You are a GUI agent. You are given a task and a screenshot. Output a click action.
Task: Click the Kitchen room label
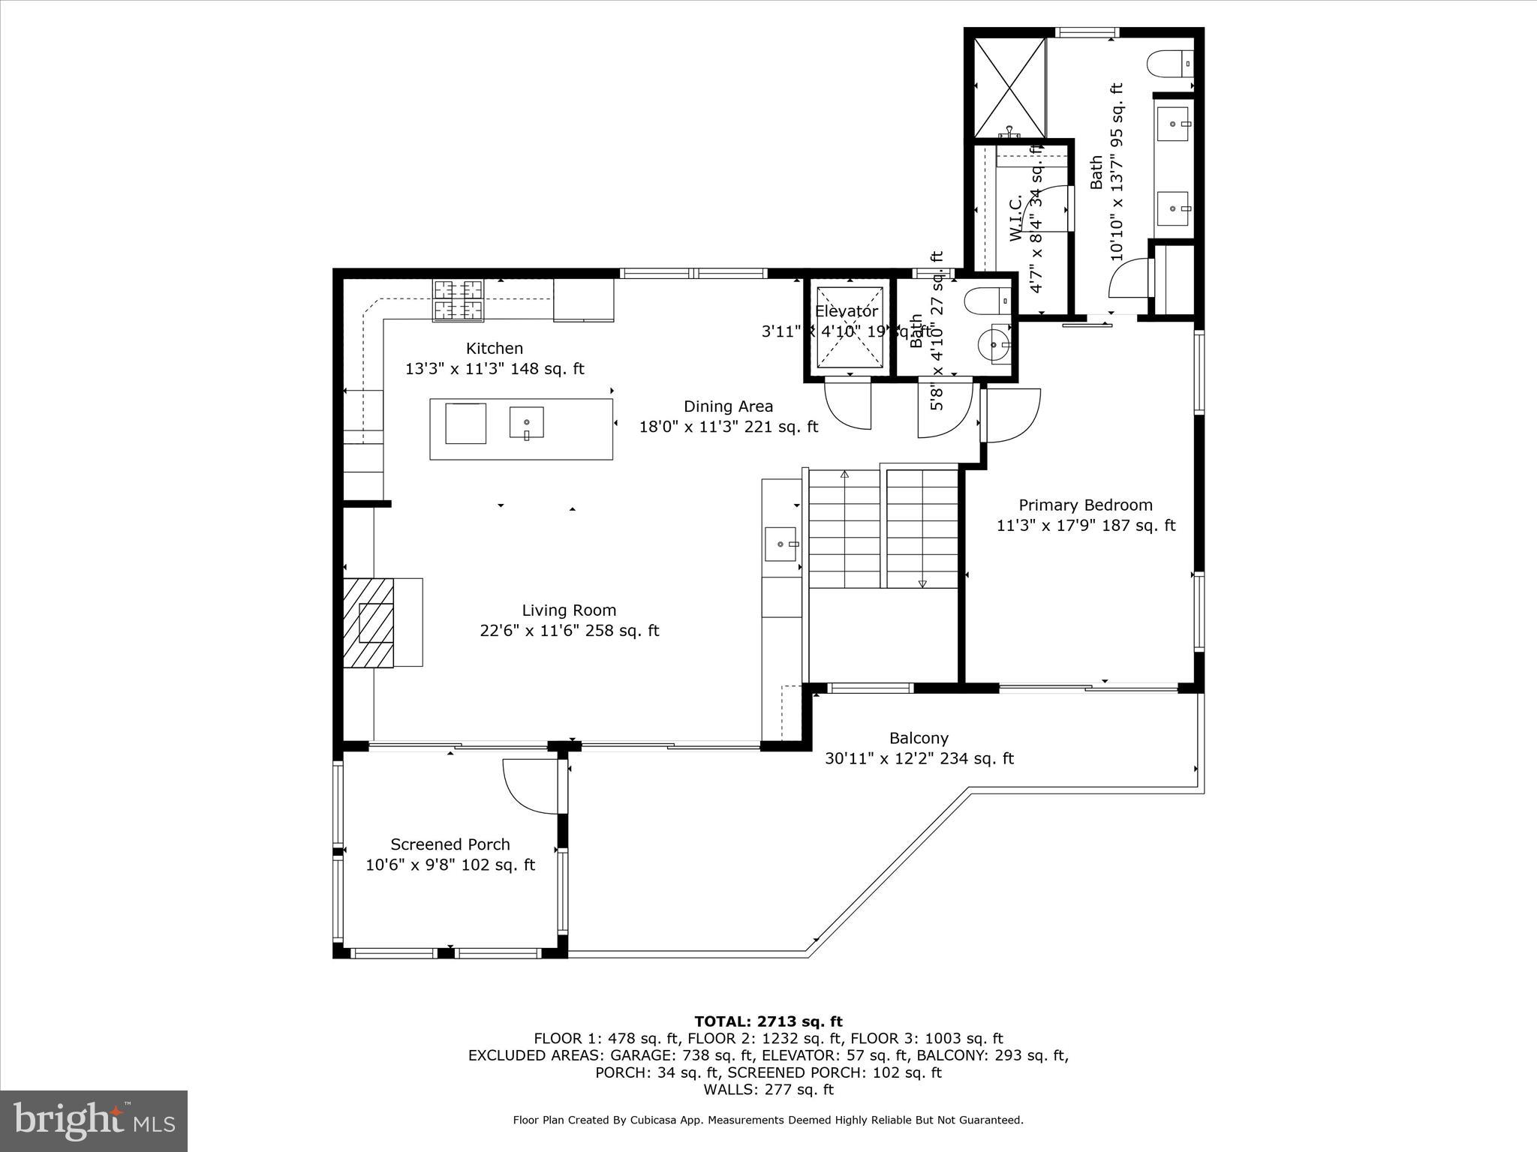point(494,349)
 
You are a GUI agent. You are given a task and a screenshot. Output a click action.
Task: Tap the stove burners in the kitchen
point(457,299)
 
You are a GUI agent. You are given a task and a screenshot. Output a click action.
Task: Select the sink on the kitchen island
point(526,424)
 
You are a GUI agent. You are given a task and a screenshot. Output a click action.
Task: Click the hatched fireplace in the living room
point(368,622)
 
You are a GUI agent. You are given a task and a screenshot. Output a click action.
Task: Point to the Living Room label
point(569,610)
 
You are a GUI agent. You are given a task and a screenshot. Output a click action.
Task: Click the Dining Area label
point(728,406)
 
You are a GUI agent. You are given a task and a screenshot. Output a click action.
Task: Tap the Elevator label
point(847,311)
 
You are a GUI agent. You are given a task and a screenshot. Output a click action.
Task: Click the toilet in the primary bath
point(1169,62)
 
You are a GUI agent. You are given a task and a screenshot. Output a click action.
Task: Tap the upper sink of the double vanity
point(1173,124)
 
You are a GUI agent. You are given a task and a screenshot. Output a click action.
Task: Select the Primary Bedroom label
point(1085,505)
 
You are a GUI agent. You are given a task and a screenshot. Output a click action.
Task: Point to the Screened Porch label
point(450,844)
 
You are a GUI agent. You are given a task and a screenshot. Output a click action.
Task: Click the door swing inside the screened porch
point(525,784)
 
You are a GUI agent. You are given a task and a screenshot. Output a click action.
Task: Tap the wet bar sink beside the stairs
point(781,544)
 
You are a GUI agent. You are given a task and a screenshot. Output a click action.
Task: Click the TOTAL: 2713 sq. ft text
point(768,1021)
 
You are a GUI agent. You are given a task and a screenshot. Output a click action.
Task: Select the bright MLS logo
point(94,1120)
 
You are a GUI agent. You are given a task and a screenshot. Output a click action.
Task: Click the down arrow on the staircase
point(922,583)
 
